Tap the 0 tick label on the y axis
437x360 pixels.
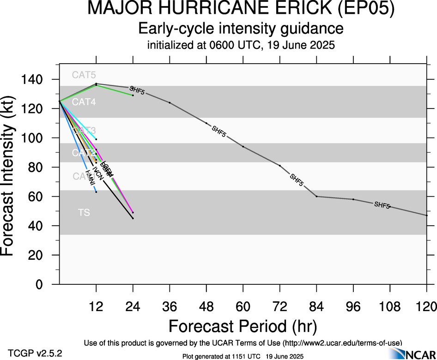(x=47, y=285)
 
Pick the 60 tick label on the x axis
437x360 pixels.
(x=243, y=306)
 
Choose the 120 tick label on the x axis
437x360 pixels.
(x=426, y=306)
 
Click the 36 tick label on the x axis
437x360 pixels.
(x=170, y=306)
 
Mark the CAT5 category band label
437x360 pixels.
(x=84, y=75)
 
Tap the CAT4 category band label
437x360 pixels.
(x=84, y=102)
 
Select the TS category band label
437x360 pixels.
(x=84, y=213)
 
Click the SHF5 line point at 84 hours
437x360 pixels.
(x=316, y=197)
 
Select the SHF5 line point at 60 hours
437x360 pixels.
(x=243, y=147)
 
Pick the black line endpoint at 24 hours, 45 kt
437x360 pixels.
(x=133, y=218)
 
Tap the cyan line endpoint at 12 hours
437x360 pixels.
(x=96, y=139)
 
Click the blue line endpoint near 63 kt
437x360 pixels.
(x=96, y=192)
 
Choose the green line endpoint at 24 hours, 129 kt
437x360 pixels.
(x=133, y=95)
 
